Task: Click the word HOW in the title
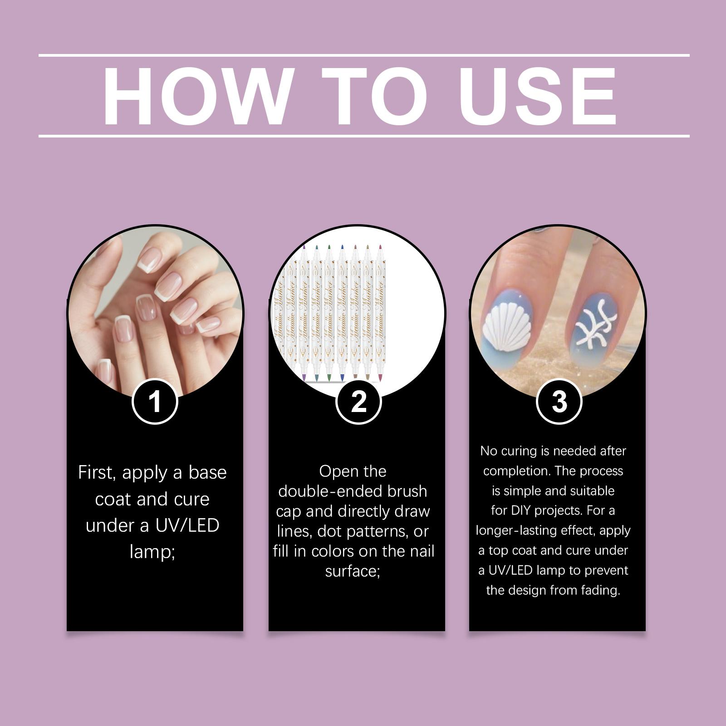point(196,96)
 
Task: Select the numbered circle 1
point(155,402)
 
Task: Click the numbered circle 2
point(358,402)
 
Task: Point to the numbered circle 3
point(559,402)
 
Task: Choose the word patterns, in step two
point(372,532)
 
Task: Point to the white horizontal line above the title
point(364,56)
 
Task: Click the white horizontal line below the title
point(364,136)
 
